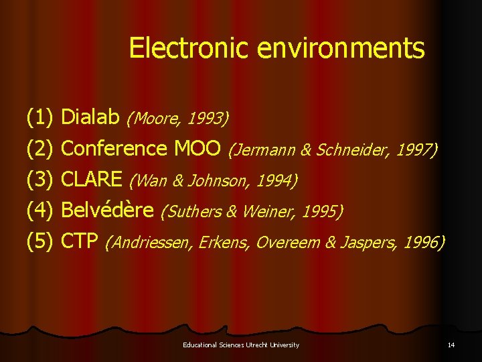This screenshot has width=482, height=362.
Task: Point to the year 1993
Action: (x=208, y=119)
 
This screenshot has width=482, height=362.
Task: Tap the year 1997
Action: (x=415, y=149)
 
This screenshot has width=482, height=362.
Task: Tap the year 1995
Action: (x=321, y=211)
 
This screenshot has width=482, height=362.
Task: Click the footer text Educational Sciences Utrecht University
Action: (x=241, y=345)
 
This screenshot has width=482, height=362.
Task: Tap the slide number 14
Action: (x=451, y=345)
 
